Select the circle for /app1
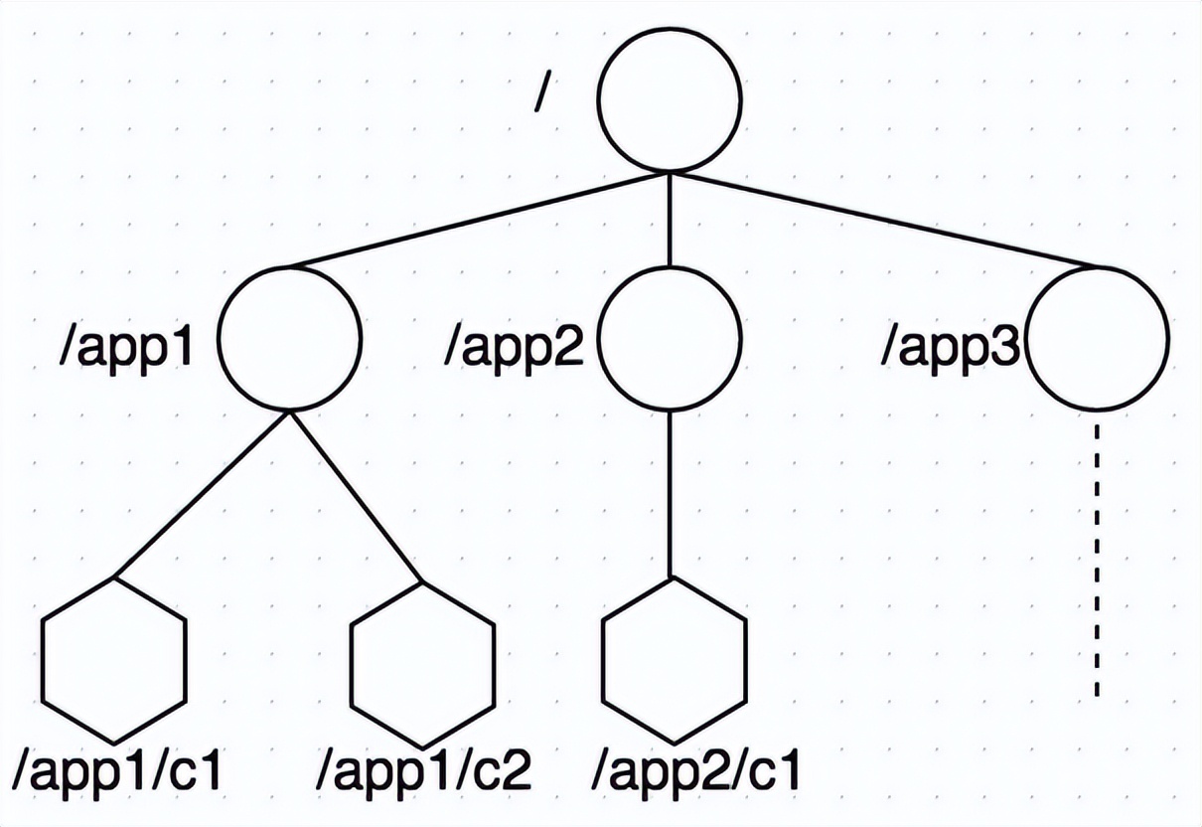click(x=289, y=337)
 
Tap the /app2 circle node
click(x=669, y=337)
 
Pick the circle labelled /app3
click(x=1097, y=337)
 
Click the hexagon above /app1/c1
click(x=114, y=658)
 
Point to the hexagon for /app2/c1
click(x=674, y=660)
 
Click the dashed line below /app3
click(x=1097, y=557)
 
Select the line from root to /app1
click(x=477, y=221)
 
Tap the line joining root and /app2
click(x=669, y=219)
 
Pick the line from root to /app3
click(x=884, y=221)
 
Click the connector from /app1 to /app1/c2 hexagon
click(x=356, y=495)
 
